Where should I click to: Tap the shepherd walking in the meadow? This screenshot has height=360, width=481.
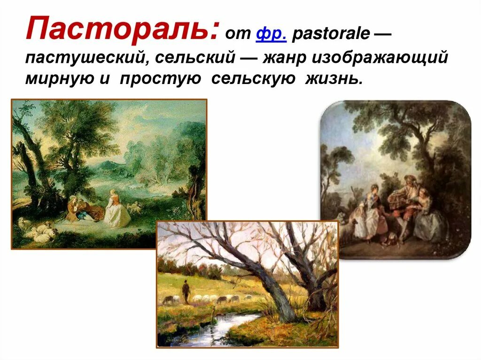click(x=186, y=291)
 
